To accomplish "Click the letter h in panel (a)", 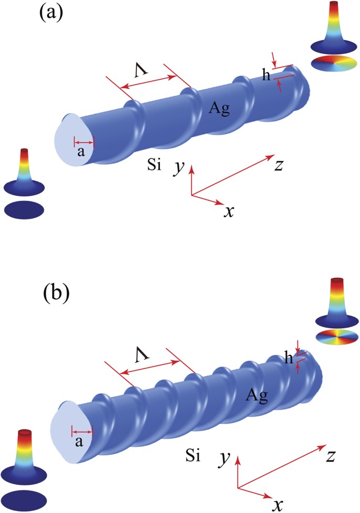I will point(267,75).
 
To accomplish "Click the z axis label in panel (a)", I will point(280,164).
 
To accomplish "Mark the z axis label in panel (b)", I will point(331,456).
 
